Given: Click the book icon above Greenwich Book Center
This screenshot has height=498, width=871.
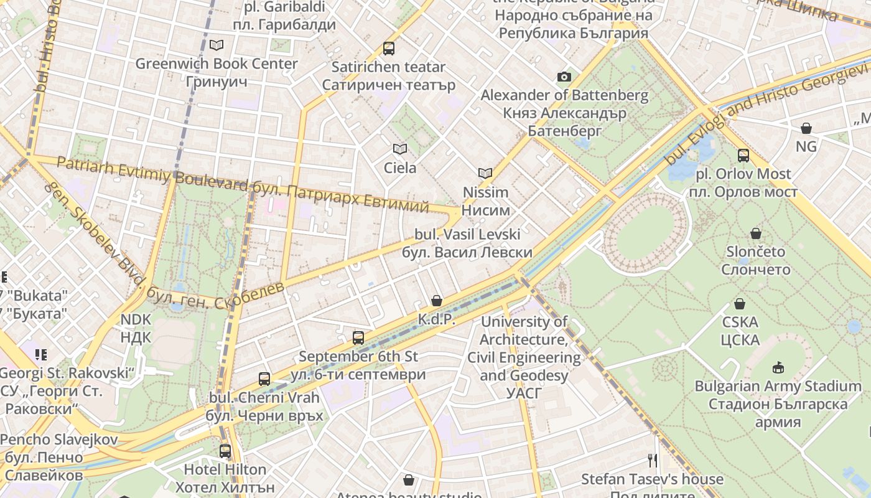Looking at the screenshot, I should point(216,45).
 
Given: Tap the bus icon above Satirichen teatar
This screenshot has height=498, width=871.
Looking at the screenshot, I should point(389,48).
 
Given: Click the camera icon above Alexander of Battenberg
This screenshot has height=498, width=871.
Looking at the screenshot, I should point(564,77).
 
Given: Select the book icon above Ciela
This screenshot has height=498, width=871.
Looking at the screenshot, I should point(400,149).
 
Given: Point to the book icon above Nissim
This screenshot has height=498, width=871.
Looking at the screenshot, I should point(485,173).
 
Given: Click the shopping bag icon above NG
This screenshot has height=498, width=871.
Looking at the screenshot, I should point(806,128).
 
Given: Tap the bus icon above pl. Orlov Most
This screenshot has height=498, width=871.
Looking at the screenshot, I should point(743,155).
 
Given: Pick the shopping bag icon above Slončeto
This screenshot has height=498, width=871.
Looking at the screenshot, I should point(756,233).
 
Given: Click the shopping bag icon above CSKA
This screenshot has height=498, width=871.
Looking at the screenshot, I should point(740,304).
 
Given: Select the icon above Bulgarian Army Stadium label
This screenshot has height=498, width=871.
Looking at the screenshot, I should point(778,367).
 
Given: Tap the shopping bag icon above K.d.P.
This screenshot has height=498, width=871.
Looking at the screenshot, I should point(437,301).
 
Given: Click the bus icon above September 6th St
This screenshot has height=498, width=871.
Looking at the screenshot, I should point(358,338).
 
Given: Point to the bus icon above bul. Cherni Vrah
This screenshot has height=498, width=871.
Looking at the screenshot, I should point(264,378).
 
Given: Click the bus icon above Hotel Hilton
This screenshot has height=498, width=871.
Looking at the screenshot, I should point(225,451).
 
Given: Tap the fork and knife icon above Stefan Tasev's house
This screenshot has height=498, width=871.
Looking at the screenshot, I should point(653,461).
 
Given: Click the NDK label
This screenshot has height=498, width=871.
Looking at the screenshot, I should point(136,328).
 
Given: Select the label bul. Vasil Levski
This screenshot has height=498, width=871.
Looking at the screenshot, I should point(467,243).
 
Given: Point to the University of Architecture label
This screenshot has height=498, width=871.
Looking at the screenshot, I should point(524,357).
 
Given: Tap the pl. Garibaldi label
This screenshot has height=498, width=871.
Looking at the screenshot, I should point(284,16).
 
